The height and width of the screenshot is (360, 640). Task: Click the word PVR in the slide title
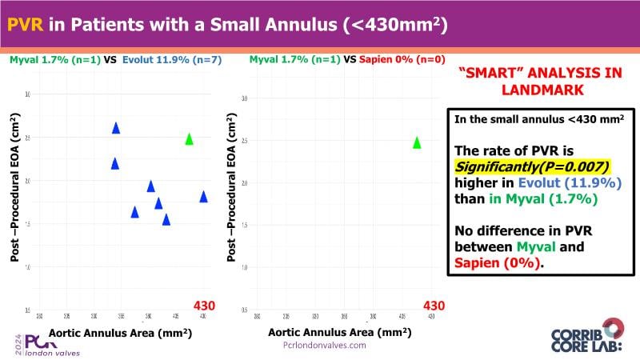[x=26, y=25]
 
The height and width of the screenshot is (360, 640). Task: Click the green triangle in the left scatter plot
[x=190, y=138]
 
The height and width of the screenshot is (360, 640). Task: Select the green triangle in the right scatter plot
[x=417, y=142]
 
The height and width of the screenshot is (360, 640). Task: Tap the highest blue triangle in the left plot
[x=116, y=127]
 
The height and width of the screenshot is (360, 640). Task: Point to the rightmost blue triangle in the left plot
[x=203, y=196]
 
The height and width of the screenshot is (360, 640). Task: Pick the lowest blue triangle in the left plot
[x=166, y=219]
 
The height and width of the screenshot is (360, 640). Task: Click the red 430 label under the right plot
[x=434, y=305]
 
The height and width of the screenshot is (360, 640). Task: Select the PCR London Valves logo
[x=40, y=343]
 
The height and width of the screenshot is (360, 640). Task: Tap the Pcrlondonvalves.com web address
[x=325, y=346]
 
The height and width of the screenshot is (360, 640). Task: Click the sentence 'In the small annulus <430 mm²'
[x=539, y=119]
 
